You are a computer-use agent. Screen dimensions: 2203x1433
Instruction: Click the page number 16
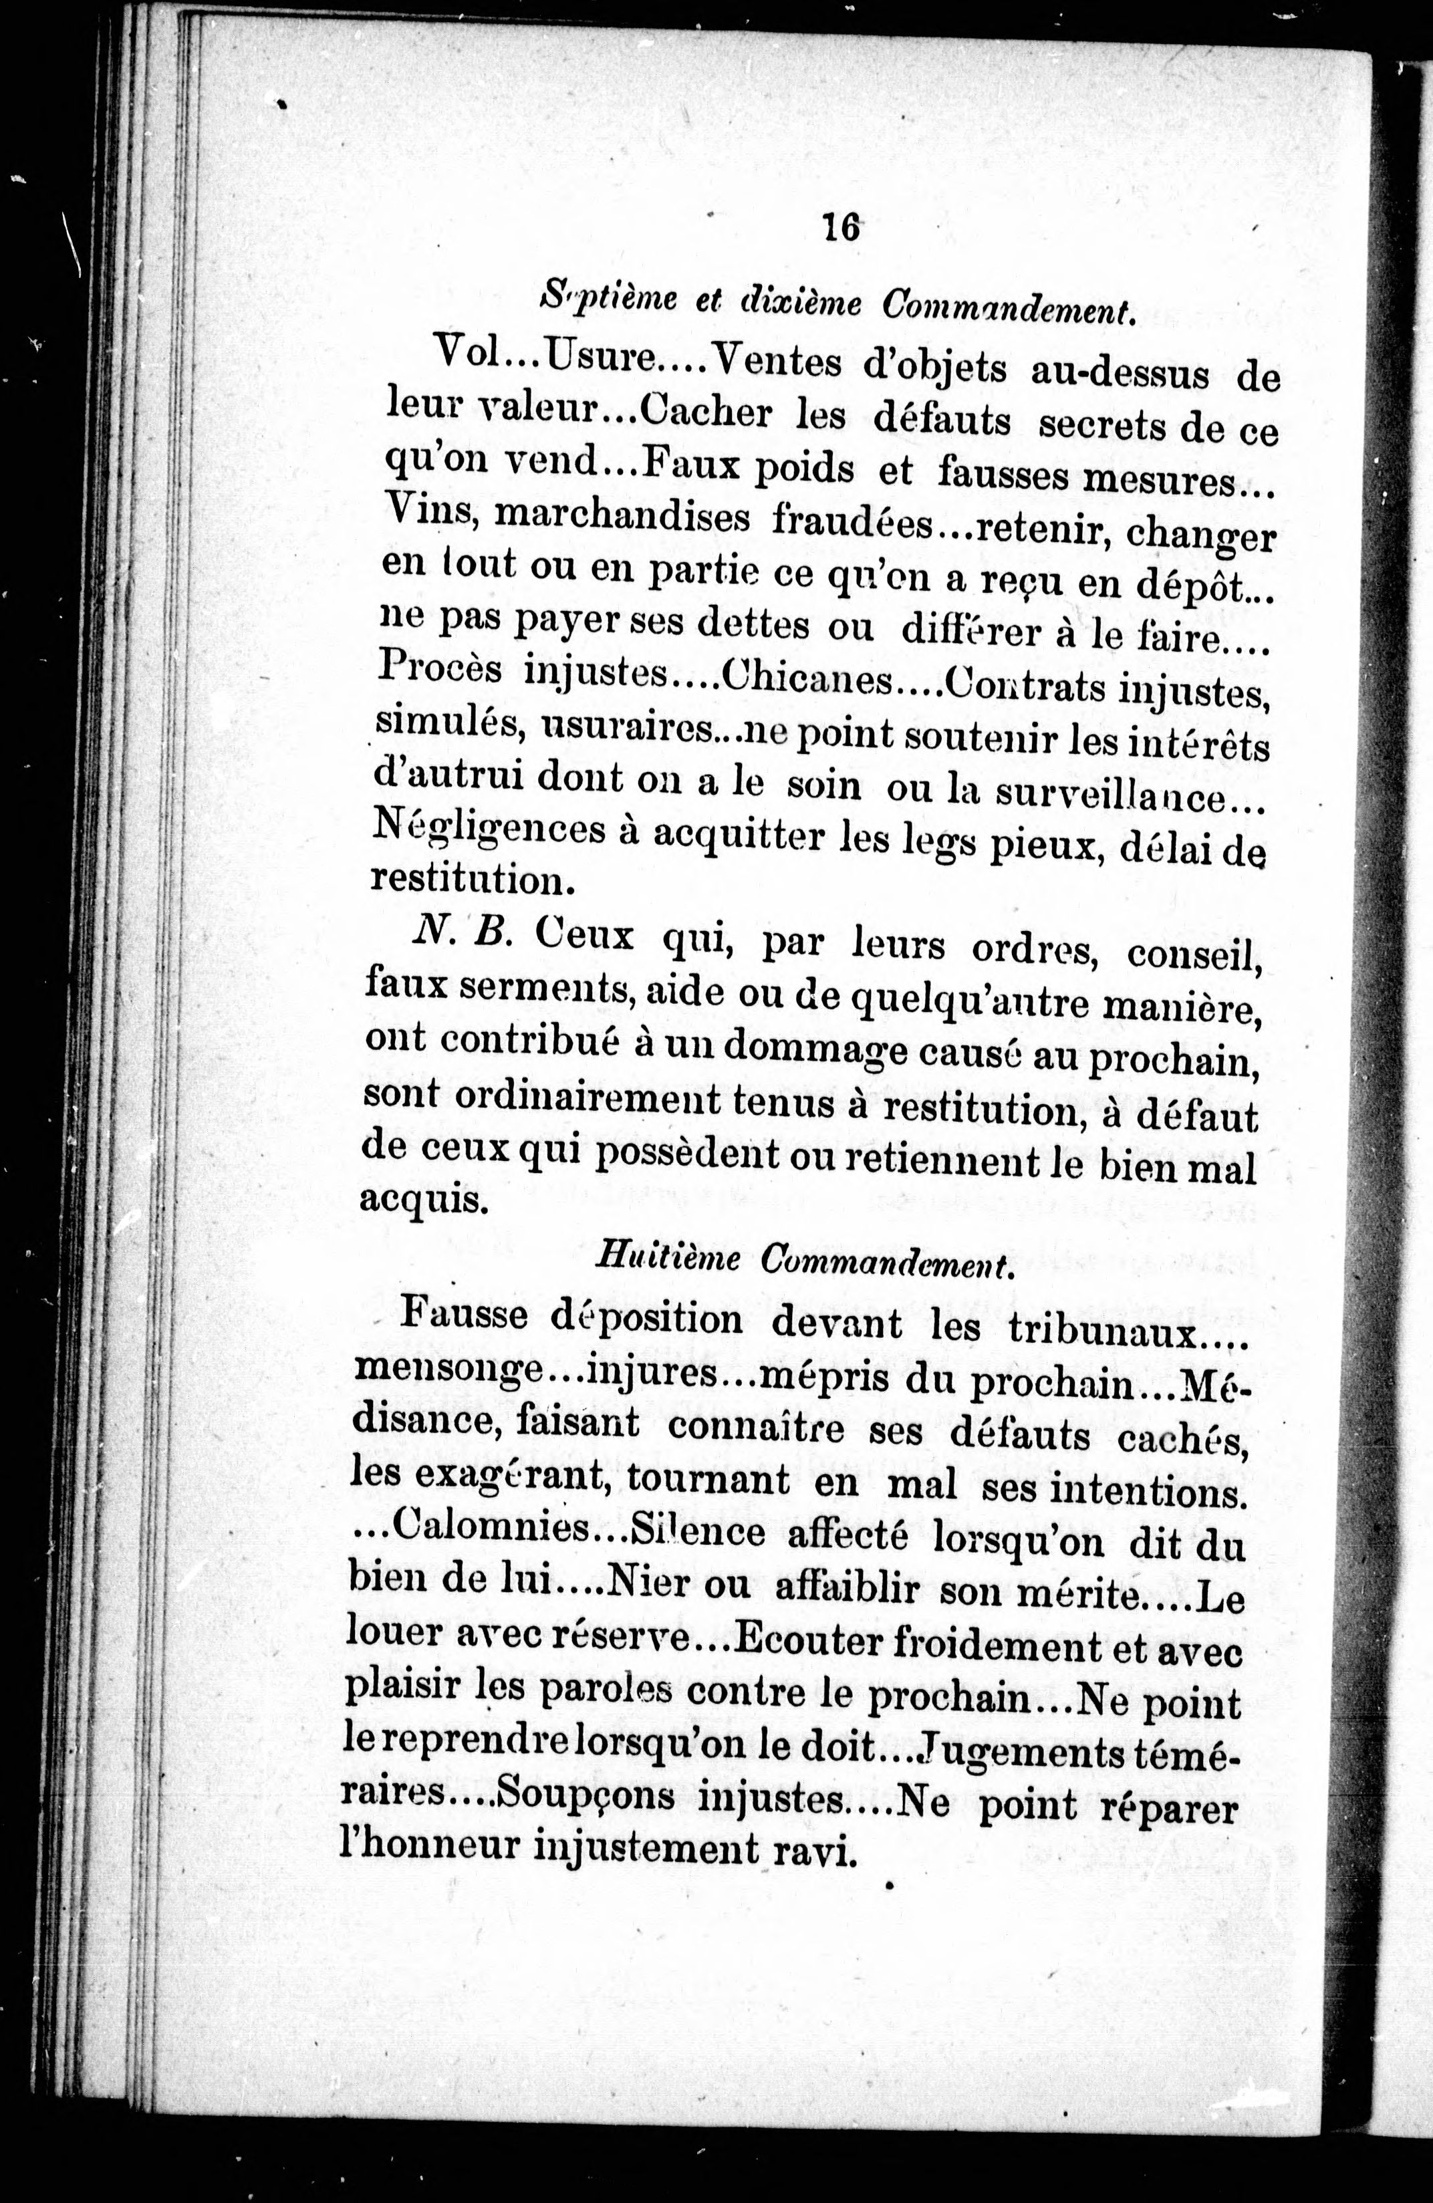point(839,227)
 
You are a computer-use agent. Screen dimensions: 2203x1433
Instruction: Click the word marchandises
point(621,519)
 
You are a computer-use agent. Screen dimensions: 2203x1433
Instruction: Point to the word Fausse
point(465,1315)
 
